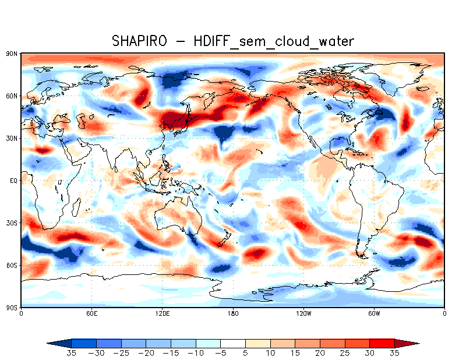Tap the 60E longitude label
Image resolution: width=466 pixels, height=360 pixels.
(x=91, y=313)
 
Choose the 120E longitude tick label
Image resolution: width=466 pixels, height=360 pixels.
(x=162, y=313)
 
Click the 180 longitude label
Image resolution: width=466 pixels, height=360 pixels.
(x=233, y=313)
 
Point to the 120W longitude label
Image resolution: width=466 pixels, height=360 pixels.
(x=303, y=313)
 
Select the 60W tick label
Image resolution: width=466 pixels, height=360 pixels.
(x=374, y=313)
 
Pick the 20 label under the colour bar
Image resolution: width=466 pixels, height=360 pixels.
(x=320, y=353)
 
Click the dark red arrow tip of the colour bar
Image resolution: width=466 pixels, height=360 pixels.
(x=411, y=343)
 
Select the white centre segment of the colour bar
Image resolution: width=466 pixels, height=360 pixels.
(x=233, y=343)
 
